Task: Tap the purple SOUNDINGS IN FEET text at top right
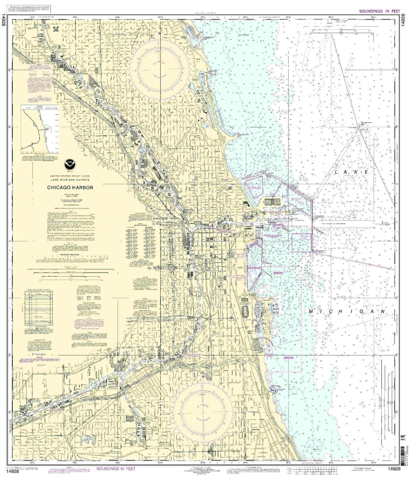tap(379, 11)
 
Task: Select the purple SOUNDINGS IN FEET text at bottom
tap(116, 469)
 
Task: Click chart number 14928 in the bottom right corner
tap(395, 469)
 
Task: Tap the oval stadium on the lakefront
tap(246, 311)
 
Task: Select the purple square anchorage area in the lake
tap(302, 243)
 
